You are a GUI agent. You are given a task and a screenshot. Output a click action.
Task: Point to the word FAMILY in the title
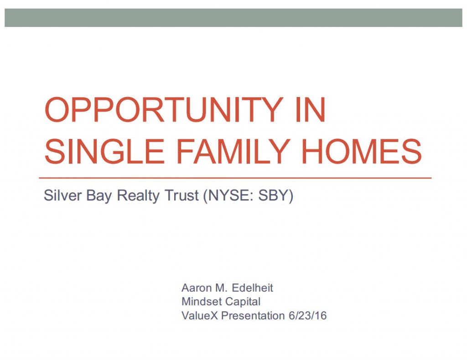click(x=233, y=151)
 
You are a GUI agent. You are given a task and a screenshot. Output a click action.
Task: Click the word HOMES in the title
click(x=362, y=151)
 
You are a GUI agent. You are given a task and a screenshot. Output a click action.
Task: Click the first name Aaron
click(x=194, y=288)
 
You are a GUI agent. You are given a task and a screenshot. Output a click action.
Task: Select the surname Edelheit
click(x=252, y=288)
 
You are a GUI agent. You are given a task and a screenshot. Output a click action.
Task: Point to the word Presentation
click(x=253, y=316)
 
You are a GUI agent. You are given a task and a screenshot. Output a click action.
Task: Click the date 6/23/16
click(x=308, y=316)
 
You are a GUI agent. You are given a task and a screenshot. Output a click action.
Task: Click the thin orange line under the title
click(x=235, y=178)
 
